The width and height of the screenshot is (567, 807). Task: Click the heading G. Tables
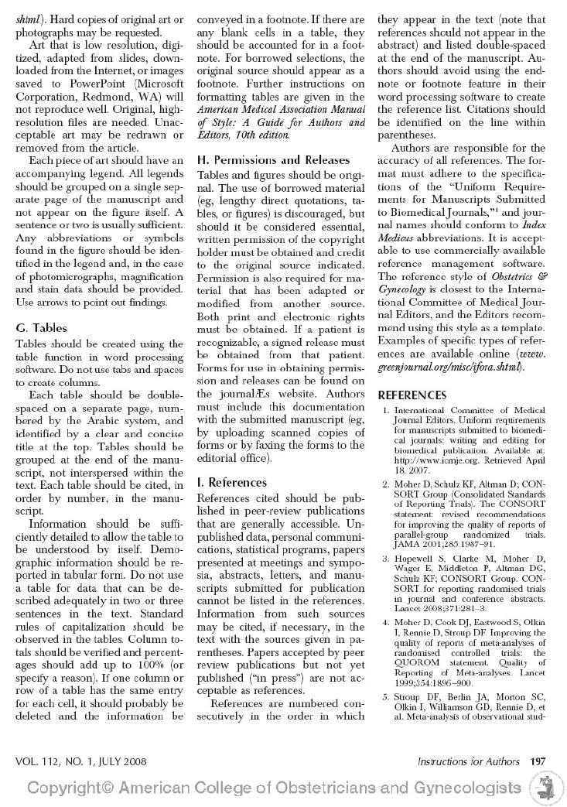(x=41, y=328)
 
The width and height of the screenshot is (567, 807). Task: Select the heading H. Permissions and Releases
(x=273, y=159)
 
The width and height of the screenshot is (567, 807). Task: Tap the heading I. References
(x=232, y=482)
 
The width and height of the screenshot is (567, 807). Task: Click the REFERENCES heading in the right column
(x=412, y=395)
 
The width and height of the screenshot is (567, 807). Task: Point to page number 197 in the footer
(x=538, y=761)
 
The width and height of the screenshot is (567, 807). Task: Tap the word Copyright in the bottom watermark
(x=70, y=788)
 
